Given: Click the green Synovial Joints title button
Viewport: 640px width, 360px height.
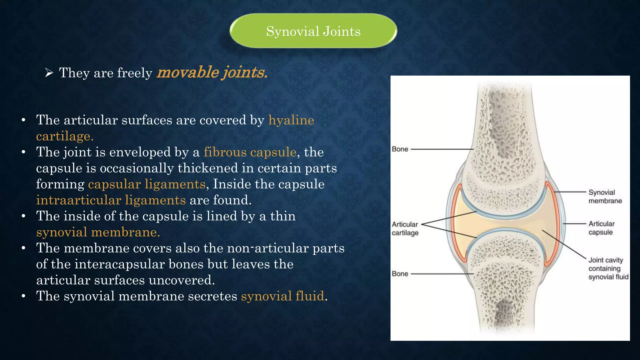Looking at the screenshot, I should pos(313,31).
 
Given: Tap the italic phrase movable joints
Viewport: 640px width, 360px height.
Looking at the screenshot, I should pos(212,72).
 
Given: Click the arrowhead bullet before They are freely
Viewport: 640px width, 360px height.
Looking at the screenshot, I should pos(49,73).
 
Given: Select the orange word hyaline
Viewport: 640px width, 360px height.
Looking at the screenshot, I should pos(291,120).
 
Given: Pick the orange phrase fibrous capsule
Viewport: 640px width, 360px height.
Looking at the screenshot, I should pos(250,152).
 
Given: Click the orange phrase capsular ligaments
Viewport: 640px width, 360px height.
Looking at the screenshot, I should pos(147,184).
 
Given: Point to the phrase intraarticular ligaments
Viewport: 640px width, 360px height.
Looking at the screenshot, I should pos(111,200).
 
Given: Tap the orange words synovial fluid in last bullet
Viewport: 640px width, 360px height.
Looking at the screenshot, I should pos(282,296).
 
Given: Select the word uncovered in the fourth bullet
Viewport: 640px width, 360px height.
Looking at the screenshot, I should pos(182,280).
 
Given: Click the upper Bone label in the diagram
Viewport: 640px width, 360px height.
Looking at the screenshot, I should pos(400,149).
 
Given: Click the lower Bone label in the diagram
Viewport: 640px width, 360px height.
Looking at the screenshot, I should pos(400,274).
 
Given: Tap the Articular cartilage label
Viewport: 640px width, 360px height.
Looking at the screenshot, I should pos(405,228).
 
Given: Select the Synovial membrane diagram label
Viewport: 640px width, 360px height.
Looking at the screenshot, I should pos(605,197).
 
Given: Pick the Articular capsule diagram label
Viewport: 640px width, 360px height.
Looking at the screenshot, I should pos(601,228).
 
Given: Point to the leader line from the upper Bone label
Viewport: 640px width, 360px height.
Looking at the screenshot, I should pos(442,149).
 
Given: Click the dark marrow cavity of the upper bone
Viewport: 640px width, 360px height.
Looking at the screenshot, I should pos(503,125).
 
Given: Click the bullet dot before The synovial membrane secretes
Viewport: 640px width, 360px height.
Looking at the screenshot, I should pos(23,296).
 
